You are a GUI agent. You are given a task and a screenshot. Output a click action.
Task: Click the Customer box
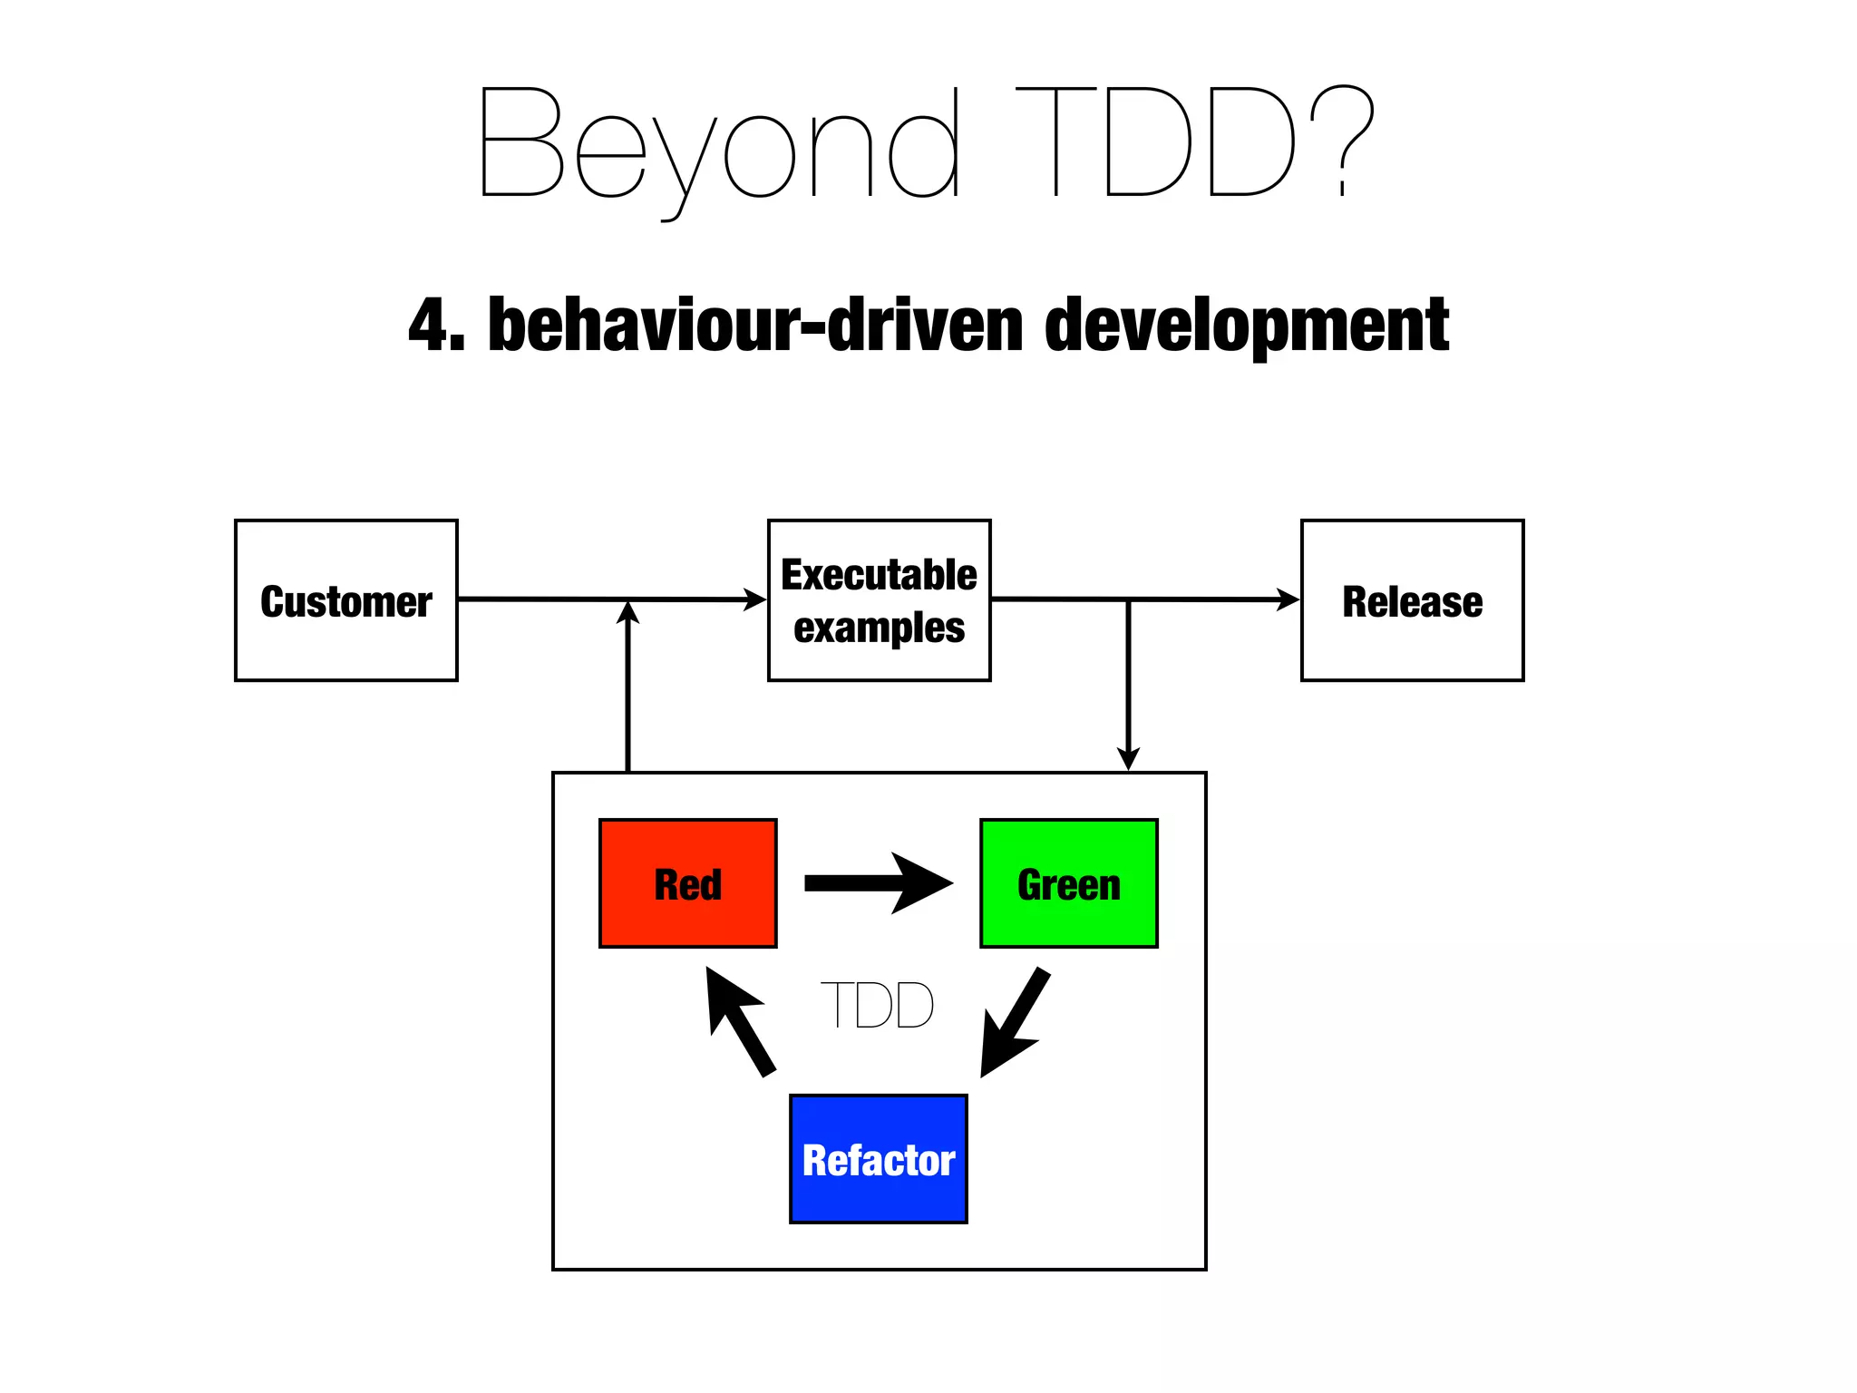(x=345, y=600)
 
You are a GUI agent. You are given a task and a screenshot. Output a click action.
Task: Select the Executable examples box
(x=879, y=600)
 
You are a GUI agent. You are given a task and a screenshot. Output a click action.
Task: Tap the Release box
(x=1412, y=600)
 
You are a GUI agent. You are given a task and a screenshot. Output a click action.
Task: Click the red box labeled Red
(x=687, y=883)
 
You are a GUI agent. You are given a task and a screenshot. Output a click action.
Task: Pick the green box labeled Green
(x=1068, y=883)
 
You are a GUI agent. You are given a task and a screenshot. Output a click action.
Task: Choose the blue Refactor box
(x=878, y=1159)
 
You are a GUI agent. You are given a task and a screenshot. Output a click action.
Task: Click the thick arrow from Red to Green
(x=878, y=883)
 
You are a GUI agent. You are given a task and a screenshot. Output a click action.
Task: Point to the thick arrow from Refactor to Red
(x=739, y=1021)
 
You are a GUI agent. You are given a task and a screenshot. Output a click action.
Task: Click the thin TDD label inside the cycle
(x=877, y=1005)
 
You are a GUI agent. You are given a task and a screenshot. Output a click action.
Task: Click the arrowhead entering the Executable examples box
(x=755, y=599)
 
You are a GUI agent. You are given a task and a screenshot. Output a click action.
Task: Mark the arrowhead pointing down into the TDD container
(x=1128, y=758)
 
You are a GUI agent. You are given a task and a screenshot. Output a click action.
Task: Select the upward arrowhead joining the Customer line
(x=627, y=613)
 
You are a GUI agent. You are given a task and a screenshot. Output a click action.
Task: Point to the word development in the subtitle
(x=1247, y=326)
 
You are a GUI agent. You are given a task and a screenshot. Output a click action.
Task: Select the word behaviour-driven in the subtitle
(x=756, y=325)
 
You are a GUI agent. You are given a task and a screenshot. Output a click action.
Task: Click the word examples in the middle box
(x=879, y=628)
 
